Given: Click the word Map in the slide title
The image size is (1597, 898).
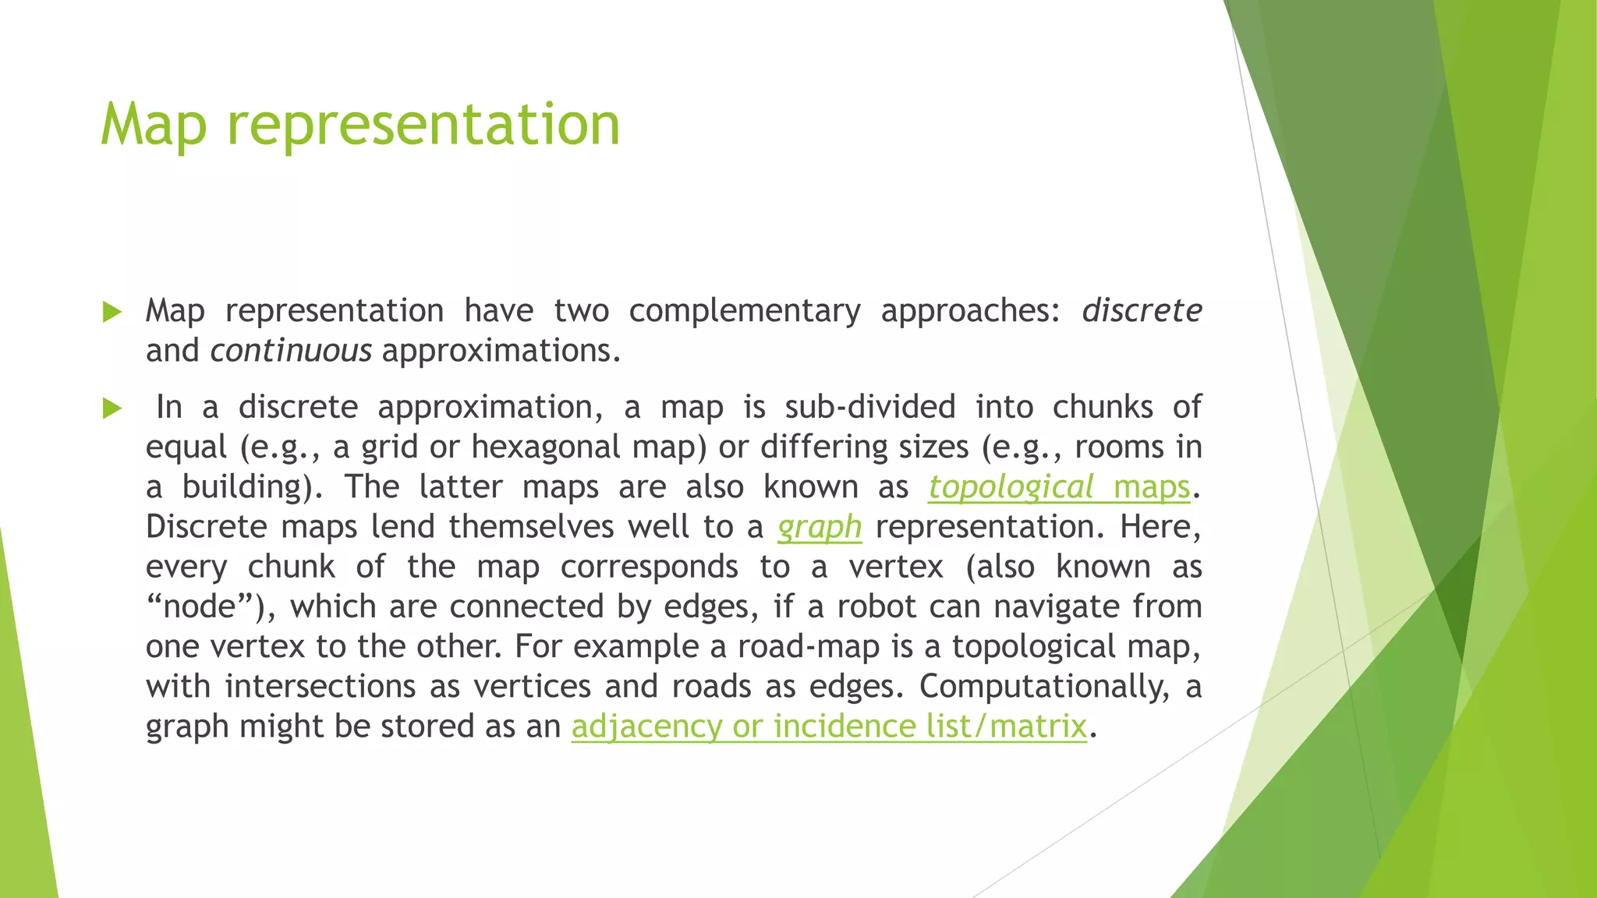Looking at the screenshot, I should click(154, 125).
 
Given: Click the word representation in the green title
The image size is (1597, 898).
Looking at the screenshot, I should click(423, 125).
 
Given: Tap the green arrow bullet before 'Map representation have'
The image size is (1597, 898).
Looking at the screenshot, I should click(112, 313).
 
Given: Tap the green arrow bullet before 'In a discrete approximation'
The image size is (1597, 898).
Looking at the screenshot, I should click(112, 408).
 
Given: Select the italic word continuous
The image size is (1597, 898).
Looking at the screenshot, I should click(291, 351).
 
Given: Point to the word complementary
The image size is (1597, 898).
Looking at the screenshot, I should click(744, 311).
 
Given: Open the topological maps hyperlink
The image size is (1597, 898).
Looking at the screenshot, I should click(1059, 487).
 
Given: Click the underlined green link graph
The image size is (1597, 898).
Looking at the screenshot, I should click(820, 527).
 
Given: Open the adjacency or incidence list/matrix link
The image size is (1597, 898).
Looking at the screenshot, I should click(829, 727).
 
